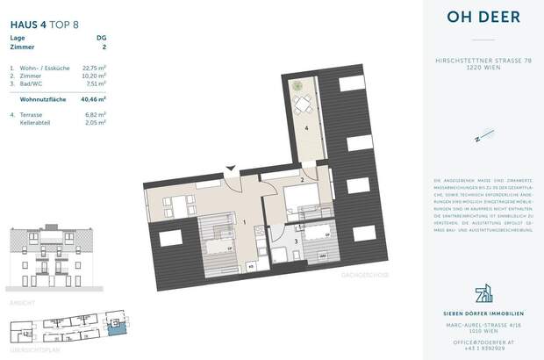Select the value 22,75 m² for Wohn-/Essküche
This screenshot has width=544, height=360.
coord(94,68)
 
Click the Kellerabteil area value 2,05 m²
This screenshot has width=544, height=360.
coord(96,124)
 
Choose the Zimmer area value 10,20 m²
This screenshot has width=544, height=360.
coord(94,76)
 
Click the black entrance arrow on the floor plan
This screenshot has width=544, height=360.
coord(231,166)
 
